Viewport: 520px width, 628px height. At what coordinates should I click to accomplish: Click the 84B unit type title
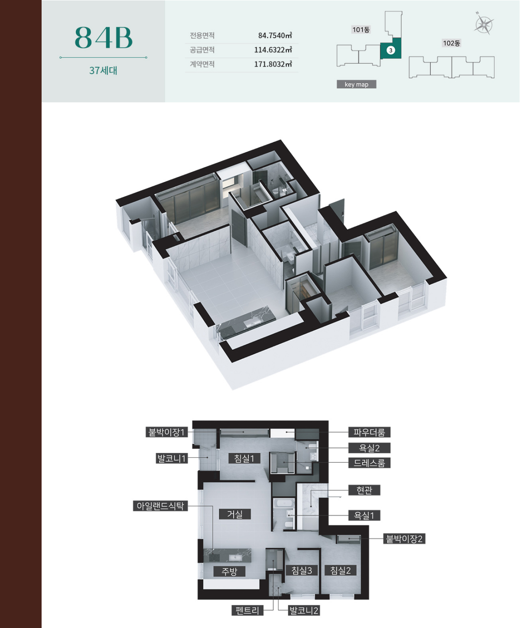click(x=104, y=38)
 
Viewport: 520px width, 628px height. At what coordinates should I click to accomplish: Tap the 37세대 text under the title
click(x=103, y=70)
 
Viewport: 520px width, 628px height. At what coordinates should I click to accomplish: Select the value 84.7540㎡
click(x=275, y=36)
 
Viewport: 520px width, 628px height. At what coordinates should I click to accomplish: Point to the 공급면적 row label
click(x=202, y=50)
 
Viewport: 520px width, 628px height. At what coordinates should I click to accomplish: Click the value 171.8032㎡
click(x=273, y=64)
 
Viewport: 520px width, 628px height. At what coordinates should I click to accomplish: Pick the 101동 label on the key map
click(x=361, y=29)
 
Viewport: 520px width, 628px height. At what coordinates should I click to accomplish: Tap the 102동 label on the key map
click(x=452, y=43)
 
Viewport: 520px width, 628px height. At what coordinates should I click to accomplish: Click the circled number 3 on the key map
click(x=391, y=50)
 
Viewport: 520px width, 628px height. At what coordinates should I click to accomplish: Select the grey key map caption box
click(x=356, y=84)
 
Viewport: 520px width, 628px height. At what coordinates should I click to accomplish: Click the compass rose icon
click(x=484, y=23)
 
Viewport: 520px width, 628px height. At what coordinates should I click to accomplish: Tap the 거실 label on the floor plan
click(x=234, y=514)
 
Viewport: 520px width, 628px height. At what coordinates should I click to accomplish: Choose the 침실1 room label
click(x=244, y=459)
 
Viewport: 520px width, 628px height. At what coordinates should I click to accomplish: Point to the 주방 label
click(x=229, y=571)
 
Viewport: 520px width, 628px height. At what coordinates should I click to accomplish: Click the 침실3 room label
click(x=302, y=570)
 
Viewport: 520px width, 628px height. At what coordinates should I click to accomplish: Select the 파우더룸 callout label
click(x=369, y=432)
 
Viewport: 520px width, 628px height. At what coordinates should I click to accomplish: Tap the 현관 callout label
click(x=364, y=490)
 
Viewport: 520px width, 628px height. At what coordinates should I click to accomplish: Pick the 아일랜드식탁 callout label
click(x=160, y=506)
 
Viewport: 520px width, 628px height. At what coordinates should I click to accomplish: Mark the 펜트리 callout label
click(x=247, y=610)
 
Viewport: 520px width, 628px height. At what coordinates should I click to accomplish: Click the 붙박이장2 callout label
click(x=404, y=538)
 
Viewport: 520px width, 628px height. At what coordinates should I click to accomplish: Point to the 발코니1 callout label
click(x=172, y=459)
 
